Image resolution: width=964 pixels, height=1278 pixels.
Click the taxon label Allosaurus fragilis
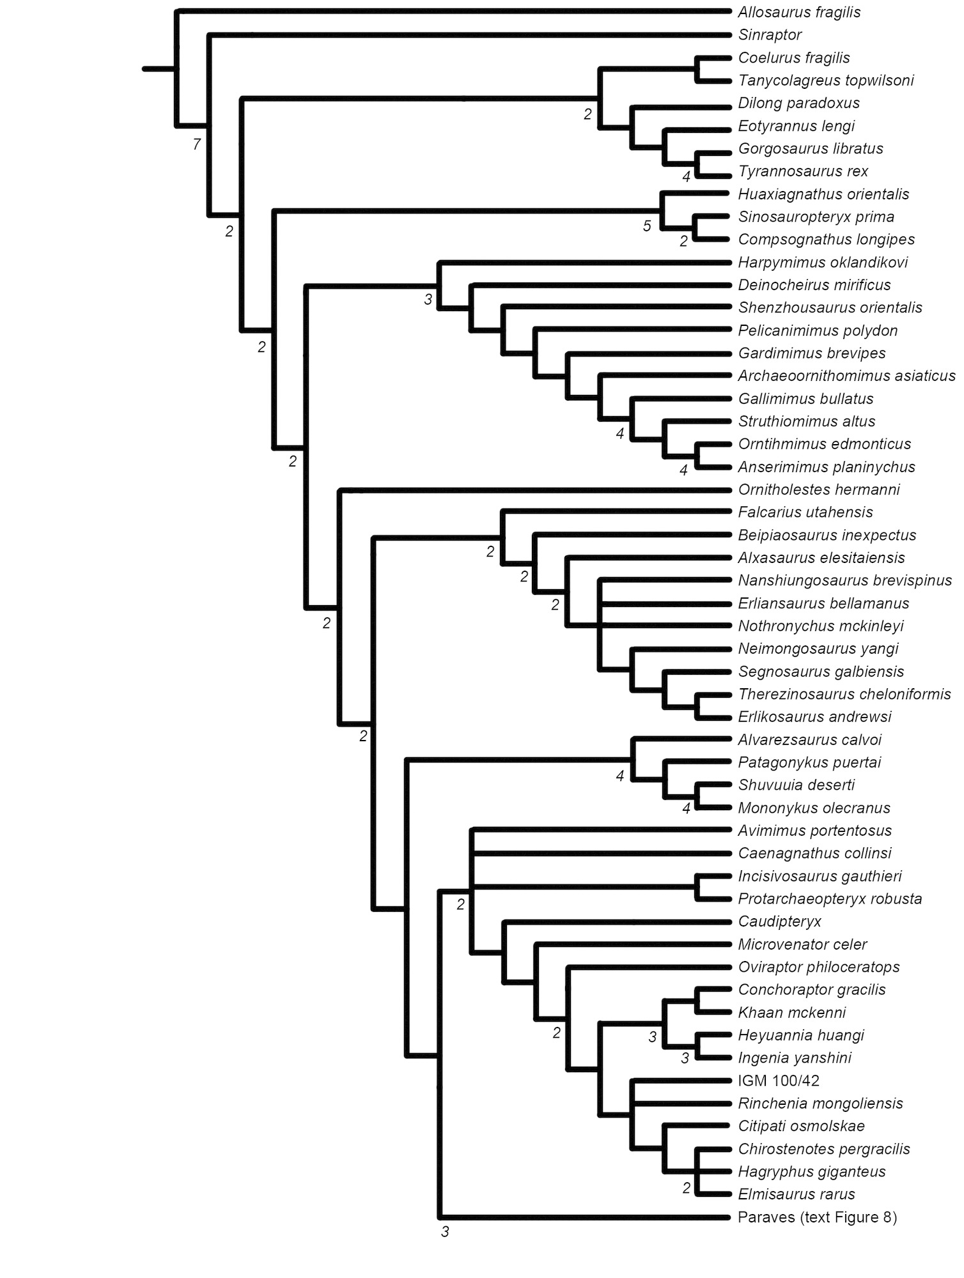pyautogui.click(x=798, y=12)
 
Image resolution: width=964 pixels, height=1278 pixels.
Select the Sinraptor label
pyautogui.click(x=770, y=35)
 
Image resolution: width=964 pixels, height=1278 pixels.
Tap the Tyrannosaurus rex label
pyautogui.click(x=803, y=171)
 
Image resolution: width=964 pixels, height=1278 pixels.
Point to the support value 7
pyautogui.click(x=197, y=144)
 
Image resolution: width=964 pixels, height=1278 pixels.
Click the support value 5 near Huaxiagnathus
pyautogui.click(x=647, y=226)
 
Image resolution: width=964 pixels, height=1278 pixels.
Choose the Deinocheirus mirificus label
pyautogui.click(x=814, y=285)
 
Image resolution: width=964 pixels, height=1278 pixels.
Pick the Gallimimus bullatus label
pyautogui.click(x=805, y=399)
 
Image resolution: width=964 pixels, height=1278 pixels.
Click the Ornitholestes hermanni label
pyautogui.click(x=818, y=489)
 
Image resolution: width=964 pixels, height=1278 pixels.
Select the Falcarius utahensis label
pyautogui.click(x=805, y=512)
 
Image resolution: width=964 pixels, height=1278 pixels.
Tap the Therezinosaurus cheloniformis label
pyautogui.click(x=844, y=694)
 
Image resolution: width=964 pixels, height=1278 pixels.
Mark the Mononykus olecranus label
pyautogui.click(x=814, y=808)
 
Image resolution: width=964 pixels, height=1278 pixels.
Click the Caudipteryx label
pyautogui.click(x=779, y=921)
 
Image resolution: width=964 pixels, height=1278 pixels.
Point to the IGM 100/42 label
pyautogui.click(x=778, y=1081)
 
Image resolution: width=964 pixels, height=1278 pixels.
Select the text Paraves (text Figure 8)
pyautogui.click(x=817, y=1217)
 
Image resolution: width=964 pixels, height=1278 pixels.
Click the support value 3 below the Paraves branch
pyautogui.click(x=446, y=1231)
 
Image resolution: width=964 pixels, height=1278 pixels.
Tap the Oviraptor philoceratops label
pyautogui.click(x=818, y=967)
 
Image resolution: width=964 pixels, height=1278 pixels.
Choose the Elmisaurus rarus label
pyautogui.click(x=796, y=1194)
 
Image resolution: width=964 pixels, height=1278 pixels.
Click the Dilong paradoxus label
pyautogui.click(x=798, y=103)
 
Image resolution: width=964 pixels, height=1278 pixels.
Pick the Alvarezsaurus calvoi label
pyautogui.click(x=809, y=740)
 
